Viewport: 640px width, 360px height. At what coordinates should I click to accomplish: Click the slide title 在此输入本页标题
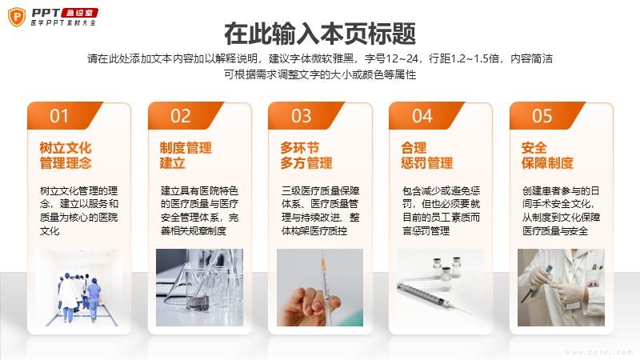(x=320, y=34)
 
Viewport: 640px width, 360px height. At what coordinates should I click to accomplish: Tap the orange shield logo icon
(x=17, y=17)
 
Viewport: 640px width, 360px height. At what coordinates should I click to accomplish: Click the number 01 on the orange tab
(x=59, y=116)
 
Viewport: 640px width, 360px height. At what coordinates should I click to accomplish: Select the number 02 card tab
(x=181, y=116)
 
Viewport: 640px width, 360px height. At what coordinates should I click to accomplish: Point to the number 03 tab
(x=302, y=116)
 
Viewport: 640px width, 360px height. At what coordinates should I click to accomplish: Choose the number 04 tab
(x=422, y=116)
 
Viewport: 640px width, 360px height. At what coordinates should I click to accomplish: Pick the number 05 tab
(x=542, y=116)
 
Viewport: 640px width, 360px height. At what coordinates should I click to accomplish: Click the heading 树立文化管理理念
(x=66, y=155)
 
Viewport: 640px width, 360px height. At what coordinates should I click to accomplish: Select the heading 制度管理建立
(x=186, y=155)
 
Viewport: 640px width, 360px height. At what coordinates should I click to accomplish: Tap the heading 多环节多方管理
(x=306, y=155)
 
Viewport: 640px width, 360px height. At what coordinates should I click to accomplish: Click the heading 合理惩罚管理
(x=427, y=155)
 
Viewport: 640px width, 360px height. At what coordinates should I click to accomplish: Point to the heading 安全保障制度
(x=547, y=155)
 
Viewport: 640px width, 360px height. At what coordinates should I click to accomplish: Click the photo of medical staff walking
(x=78, y=287)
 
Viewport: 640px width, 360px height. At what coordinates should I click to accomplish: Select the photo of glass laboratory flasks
(x=199, y=287)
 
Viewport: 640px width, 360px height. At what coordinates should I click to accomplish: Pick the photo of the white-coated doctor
(x=561, y=287)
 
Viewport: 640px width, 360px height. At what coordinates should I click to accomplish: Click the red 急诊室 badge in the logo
(x=80, y=13)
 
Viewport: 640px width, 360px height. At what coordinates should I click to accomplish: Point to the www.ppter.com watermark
(x=599, y=352)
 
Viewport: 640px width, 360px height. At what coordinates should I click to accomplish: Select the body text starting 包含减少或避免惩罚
(x=442, y=210)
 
